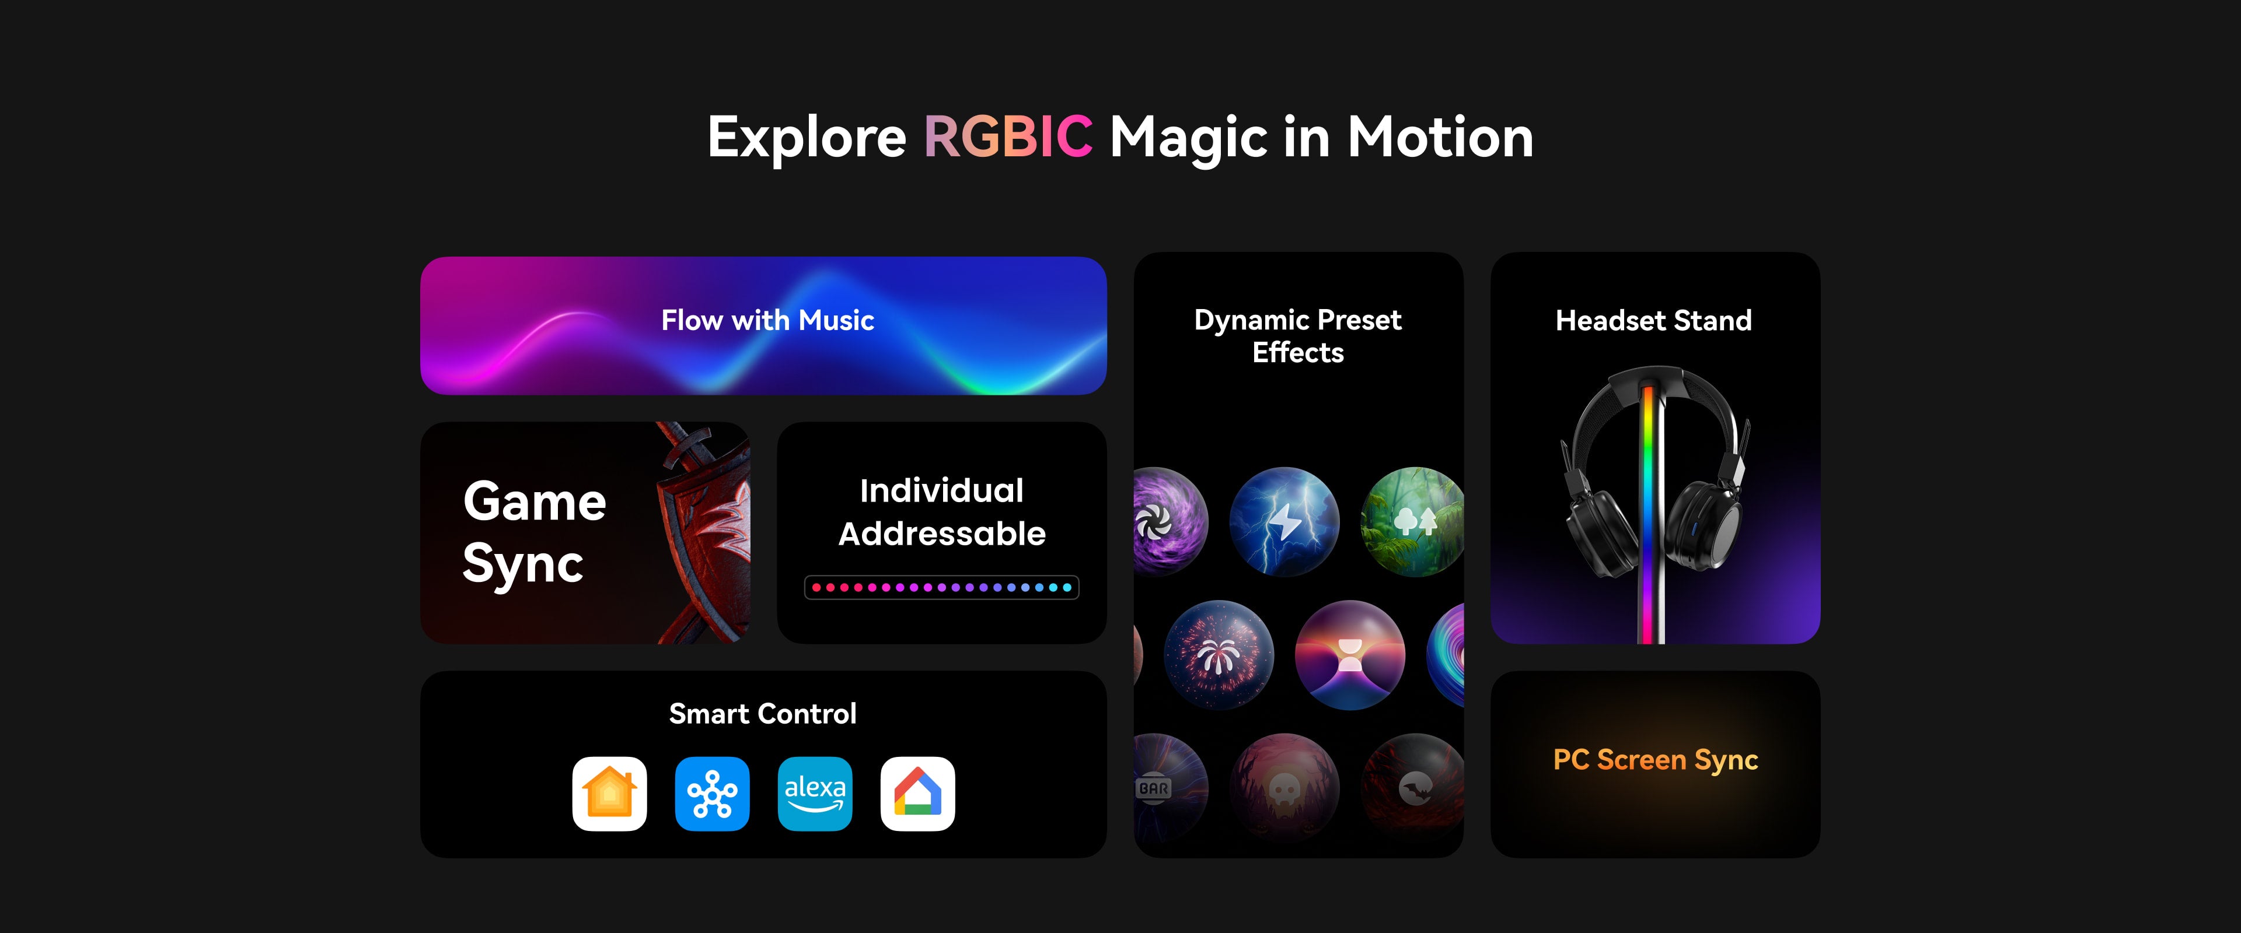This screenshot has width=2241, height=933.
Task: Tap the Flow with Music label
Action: coord(767,320)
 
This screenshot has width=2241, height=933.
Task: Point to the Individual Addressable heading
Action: coord(941,512)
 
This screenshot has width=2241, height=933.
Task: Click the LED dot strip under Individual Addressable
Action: coord(941,588)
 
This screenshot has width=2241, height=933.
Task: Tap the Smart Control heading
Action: coord(763,714)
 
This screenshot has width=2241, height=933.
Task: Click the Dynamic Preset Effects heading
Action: coord(1298,336)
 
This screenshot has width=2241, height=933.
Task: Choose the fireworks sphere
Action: coord(1219,655)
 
